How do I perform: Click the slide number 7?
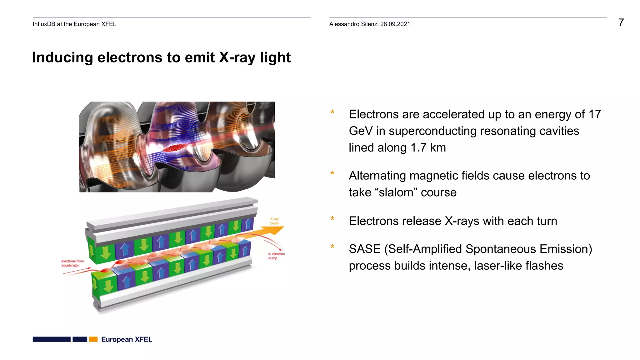tap(621, 22)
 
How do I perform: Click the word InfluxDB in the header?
tap(44, 24)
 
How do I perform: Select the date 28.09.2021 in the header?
tap(395, 24)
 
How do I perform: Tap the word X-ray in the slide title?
tap(237, 58)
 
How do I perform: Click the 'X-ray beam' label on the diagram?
tap(275, 221)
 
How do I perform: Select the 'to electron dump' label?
tap(276, 256)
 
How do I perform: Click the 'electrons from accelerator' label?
tap(72, 263)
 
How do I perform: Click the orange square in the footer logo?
tap(93, 339)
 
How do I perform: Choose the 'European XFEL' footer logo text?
tap(127, 339)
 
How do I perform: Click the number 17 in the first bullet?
tap(595, 114)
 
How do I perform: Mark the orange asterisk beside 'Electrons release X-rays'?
tap(332, 219)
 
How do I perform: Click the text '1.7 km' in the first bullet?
tap(428, 147)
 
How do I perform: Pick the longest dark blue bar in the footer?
tap(52, 339)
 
